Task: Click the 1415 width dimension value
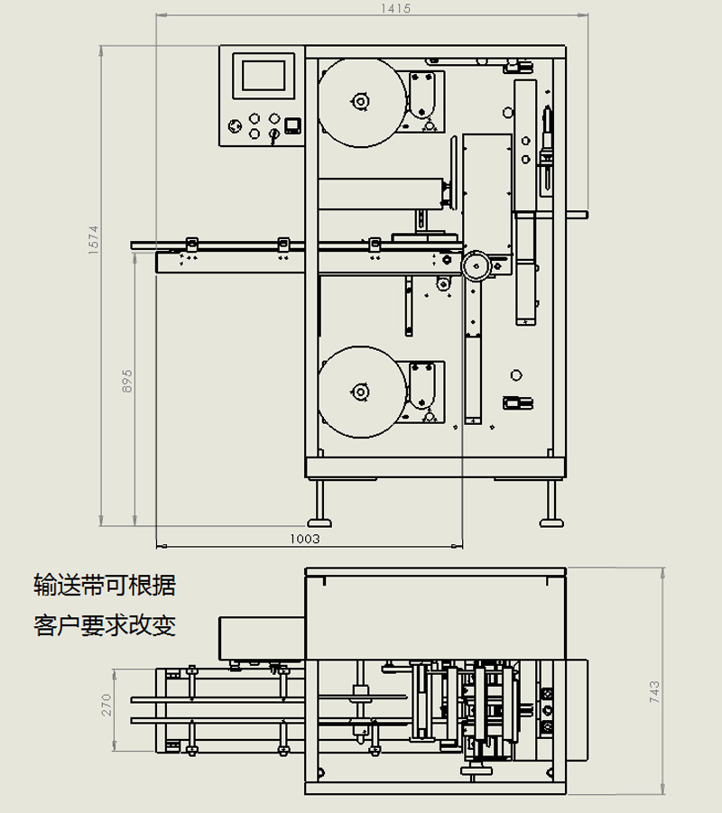tap(395, 8)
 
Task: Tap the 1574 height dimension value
tap(93, 239)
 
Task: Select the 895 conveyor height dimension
tap(127, 381)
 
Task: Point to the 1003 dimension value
tap(304, 539)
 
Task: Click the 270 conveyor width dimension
tap(106, 705)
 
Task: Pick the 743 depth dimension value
tap(654, 692)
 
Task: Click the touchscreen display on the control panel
tap(264, 76)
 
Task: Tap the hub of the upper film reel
tap(360, 101)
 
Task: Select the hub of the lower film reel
tap(360, 392)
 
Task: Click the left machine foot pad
tap(319, 522)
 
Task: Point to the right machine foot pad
tap(551, 522)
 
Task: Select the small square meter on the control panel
tap(292, 125)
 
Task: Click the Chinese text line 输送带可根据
tap(105, 586)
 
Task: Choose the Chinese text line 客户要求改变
tap(105, 625)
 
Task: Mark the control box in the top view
tap(262, 639)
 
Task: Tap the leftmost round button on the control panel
tap(235, 125)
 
